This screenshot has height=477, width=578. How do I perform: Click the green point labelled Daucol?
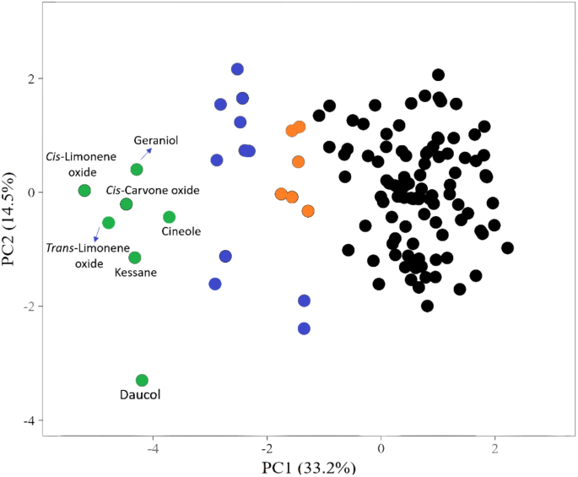coord(142,381)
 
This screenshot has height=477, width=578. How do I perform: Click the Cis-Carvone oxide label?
coord(153,191)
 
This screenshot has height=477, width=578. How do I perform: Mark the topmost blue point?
coord(237,69)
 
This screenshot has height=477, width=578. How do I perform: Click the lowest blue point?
coord(304,328)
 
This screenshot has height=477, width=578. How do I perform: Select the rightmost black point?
coord(507,247)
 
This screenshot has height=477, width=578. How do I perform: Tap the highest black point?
coord(438,75)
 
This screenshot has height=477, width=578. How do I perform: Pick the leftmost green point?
coord(84,191)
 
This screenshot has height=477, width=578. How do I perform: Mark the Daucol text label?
coord(141,394)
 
